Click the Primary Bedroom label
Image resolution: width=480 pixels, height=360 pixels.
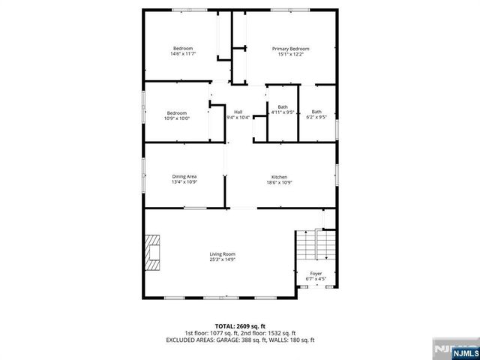[x=290, y=49]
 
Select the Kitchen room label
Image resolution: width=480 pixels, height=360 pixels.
[x=279, y=177]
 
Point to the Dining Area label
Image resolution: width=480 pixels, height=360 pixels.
[x=184, y=177]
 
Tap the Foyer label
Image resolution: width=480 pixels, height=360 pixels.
[x=316, y=274]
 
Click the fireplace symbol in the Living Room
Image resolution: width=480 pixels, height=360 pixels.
[x=153, y=251]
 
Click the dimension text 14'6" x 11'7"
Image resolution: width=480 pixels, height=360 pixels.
[x=182, y=54]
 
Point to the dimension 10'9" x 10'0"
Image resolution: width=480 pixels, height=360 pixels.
[x=177, y=118]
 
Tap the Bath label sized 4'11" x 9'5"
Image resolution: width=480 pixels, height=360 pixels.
[x=283, y=106]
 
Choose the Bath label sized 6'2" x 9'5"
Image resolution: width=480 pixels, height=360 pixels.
[x=316, y=112]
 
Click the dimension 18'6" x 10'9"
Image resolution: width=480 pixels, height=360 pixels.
[x=279, y=182]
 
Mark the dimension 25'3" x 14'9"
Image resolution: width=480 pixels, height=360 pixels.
[x=222, y=259]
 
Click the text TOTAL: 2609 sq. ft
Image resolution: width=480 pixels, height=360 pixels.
[x=240, y=326]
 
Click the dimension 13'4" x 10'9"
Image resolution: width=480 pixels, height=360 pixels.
[x=184, y=182]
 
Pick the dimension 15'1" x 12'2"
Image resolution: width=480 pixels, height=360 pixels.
[x=290, y=54]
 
